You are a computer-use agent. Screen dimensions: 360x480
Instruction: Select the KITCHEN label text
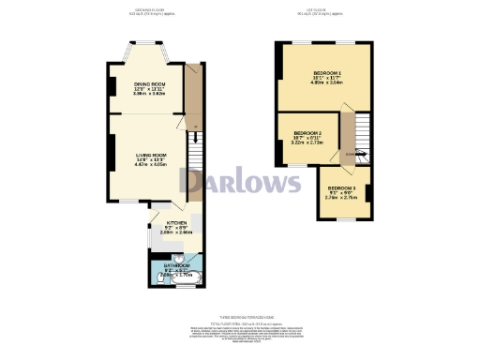coord(164,223)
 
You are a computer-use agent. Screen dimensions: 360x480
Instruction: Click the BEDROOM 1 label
coord(326,73)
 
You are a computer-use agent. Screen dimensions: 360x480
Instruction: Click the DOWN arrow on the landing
coord(352,154)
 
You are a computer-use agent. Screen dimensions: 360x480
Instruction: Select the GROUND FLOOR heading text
coord(152,12)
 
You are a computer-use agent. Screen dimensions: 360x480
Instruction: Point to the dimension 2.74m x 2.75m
coord(340,199)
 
